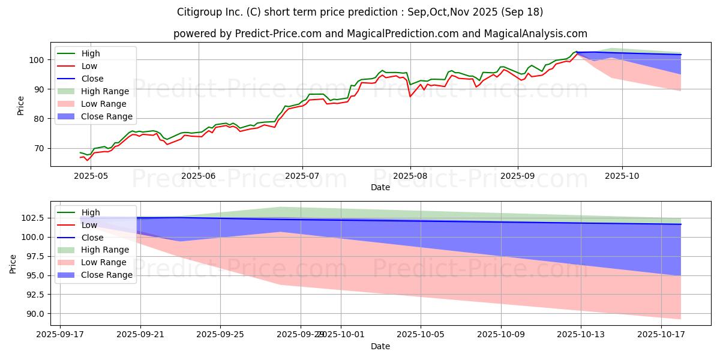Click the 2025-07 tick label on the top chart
302,176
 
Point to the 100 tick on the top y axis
38,60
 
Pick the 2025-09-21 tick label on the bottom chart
140,334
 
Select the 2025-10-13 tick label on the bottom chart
581,334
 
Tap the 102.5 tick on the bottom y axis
33,218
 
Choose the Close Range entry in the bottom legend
107,275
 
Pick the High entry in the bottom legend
90,212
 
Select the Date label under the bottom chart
380,346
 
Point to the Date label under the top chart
380,187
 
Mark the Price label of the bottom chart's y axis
13,263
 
